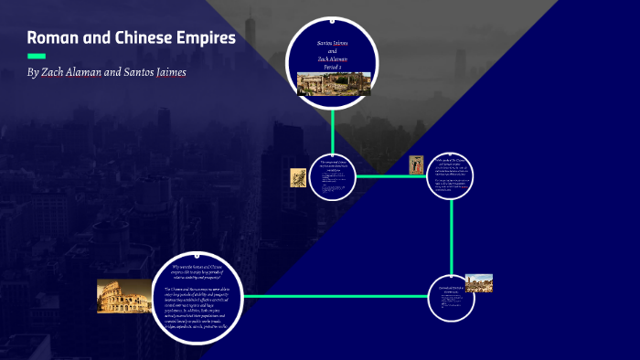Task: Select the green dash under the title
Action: point(37,56)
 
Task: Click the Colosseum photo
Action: point(123,296)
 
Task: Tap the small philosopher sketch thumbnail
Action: point(298,177)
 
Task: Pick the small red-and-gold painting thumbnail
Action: point(416,164)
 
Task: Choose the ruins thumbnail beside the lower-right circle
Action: point(478,282)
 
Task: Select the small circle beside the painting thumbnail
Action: point(453,175)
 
